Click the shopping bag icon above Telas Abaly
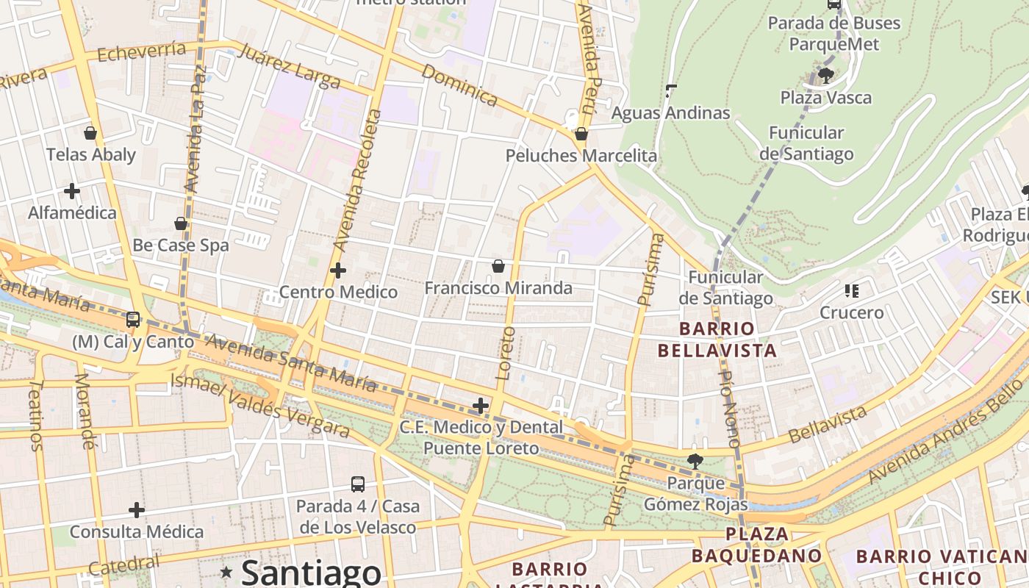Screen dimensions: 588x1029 [90, 133]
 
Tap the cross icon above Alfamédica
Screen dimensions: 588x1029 [72, 191]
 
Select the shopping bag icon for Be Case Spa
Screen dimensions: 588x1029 [181, 223]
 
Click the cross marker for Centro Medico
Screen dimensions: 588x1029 [338, 270]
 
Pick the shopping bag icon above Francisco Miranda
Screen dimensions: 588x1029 [498, 266]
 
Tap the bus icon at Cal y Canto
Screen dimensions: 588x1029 [133, 320]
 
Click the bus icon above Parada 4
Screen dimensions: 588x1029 [358, 484]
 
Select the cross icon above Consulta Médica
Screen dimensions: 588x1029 [137, 510]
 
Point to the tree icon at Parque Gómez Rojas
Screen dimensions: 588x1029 [695, 462]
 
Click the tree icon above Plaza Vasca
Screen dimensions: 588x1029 [825, 75]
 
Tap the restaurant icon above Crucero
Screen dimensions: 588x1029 [852, 291]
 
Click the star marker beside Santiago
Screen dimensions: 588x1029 [226, 572]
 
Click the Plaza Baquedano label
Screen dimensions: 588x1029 [756, 545]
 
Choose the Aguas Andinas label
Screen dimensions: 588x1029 [671, 112]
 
